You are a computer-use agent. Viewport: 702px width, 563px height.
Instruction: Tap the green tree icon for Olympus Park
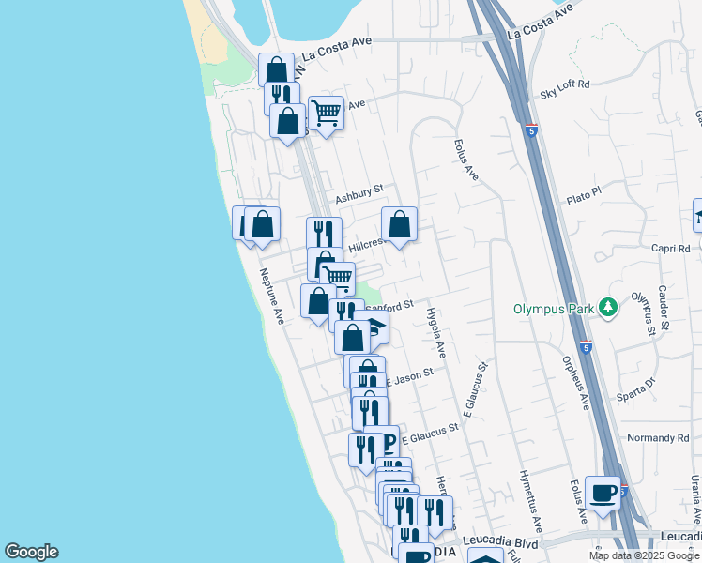[x=609, y=307]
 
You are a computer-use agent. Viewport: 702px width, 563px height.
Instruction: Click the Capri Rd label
[x=670, y=249]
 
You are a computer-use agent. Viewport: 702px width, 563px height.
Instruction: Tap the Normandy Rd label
[x=658, y=438]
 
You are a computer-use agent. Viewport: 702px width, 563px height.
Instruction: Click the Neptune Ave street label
[x=272, y=297]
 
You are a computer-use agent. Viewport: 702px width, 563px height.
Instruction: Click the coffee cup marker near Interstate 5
[x=603, y=492]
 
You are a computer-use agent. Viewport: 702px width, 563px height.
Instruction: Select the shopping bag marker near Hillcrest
[x=399, y=224]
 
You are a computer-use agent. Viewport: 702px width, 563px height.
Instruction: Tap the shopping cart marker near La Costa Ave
[x=326, y=114]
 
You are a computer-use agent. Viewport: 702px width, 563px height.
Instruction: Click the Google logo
[x=31, y=553]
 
